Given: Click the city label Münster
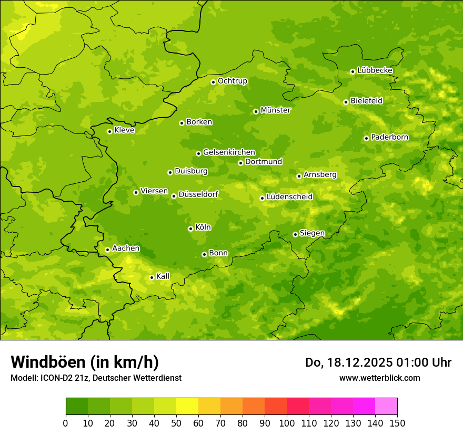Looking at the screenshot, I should pos(275,110).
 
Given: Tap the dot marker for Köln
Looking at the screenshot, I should pos(190,229).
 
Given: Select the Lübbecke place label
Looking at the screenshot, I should pos(375,70).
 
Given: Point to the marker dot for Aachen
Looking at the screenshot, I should pos(107,250).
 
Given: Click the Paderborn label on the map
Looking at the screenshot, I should pos(389,137).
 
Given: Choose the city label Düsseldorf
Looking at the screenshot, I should pos(198,194).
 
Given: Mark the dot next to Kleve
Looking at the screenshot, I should pos(109,131).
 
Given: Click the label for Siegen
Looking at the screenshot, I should pos(312,233).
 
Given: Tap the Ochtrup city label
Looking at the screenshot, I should pos(232,81).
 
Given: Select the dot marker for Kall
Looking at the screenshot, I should pos(152,277).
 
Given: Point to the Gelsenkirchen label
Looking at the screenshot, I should pos(229,152).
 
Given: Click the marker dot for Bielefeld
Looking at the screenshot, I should pos(346,102).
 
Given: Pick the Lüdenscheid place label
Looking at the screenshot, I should pos(289,197).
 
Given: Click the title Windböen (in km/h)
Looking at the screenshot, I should pos(85,362).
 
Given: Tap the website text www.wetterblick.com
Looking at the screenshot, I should pos(379,378).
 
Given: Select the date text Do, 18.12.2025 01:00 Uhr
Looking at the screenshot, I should pos(378,362).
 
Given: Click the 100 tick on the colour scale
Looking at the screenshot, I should pos(287,423).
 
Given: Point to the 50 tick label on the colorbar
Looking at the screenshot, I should pos(176,423).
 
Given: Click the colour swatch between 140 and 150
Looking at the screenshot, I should pos(386,407).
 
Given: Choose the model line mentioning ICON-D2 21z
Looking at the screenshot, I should pos(96,378).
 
